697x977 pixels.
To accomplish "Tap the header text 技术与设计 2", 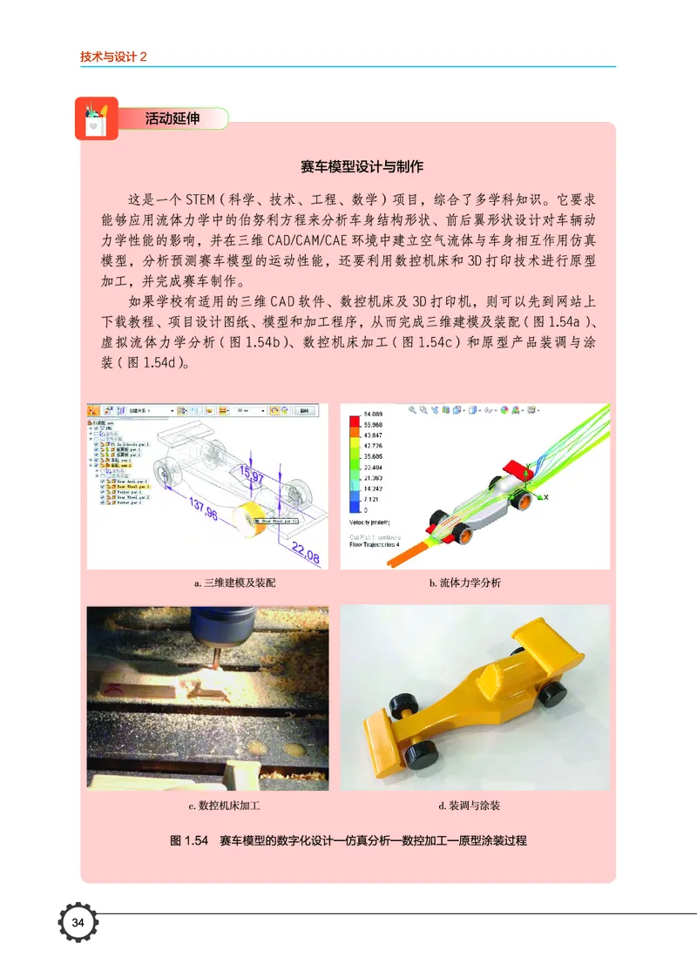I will [x=113, y=56].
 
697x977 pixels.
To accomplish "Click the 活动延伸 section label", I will [x=172, y=119].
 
